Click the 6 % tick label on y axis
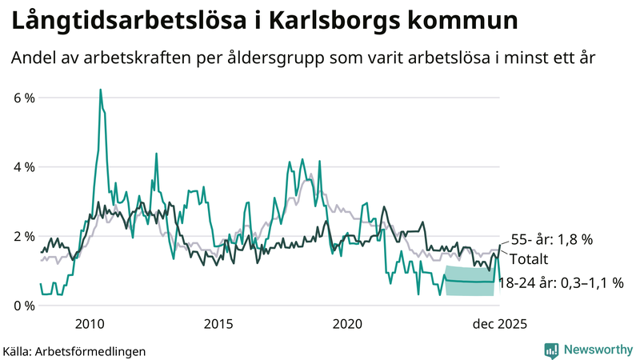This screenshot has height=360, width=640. coord(25,98)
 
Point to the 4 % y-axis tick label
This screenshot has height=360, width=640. coord(25,167)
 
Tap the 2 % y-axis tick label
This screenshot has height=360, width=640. coord(25,237)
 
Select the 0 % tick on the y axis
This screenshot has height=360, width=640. coord(25,306)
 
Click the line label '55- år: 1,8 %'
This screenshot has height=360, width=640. coord(553,240)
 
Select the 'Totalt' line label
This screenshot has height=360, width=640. coord(530,260)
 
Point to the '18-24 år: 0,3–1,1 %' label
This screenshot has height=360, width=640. coord(561,282)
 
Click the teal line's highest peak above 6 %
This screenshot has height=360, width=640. coord(100,90)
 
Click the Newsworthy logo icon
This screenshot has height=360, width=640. coord(551,350)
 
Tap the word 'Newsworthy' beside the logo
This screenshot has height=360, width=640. coord(595,350)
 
